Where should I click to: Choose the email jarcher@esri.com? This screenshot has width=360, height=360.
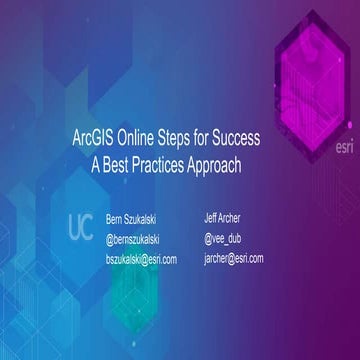pos(234,258)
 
